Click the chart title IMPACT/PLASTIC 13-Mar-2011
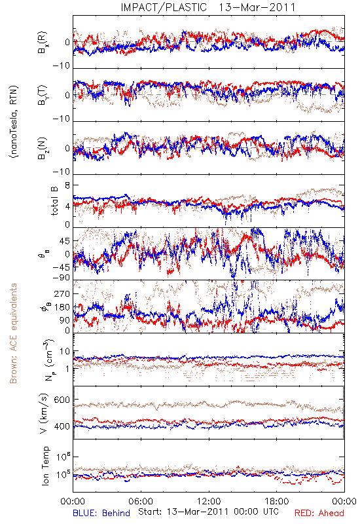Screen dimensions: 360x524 point(208,7)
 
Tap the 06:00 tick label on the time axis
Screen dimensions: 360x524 point(141,502)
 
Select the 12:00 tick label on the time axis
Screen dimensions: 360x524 point(209,502)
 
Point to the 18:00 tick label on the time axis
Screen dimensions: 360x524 point(277,502)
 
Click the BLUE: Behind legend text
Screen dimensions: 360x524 point(101,513)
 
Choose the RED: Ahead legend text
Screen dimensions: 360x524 point(319,513)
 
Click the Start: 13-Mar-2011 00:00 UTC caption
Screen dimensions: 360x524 point(208,512)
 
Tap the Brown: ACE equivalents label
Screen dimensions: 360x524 point(13,333)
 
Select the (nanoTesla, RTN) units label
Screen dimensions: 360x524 point(14,121)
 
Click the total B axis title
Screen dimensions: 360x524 point(54,201)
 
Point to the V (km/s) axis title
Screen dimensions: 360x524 point(44,413)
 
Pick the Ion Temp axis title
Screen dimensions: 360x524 point(45,466)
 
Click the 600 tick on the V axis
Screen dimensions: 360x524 point(62,400)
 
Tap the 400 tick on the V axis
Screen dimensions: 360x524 point(62,426)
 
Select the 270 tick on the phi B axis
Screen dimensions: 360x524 point(62,293)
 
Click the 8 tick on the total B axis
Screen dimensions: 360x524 point(67,185)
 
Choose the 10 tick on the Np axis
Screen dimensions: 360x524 point(65,352)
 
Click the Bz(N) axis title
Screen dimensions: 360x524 point(43,148)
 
